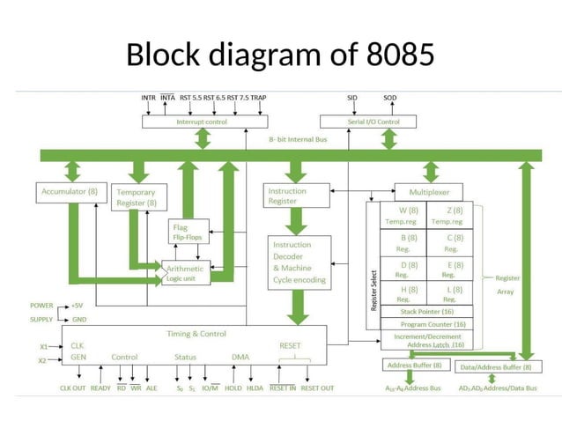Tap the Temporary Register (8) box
[x=136, y=197]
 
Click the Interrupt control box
[x=202, y=122]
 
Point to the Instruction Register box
[x=297, y=196]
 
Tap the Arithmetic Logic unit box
[x=186, y=273]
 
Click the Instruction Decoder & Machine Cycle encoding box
[x=300, y=262]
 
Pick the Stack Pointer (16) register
[x=426, y=311]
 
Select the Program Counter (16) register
[x=426, y=323]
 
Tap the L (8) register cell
[x=451, y=293]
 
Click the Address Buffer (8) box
[x=414, y=366]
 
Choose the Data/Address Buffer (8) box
[x=496, y=366]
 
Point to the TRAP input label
[x=258, y=98]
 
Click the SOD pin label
[x=390, y=98]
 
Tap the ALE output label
[x=152, y=388]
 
